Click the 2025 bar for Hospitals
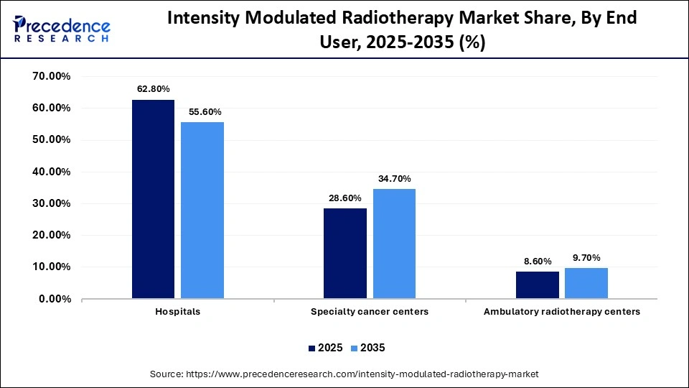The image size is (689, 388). (153, 199)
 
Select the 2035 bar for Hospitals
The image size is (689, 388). (202, 211)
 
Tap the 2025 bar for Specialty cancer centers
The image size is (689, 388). (345, 253)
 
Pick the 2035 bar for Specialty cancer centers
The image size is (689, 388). (394, 244)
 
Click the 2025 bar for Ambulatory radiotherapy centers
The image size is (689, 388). (537, 285)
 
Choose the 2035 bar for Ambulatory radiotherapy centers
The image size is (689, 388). (586, 283)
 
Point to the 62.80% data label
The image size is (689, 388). (154, 89)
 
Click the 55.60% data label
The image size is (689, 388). (205, 112)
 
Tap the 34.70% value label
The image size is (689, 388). (395, 178)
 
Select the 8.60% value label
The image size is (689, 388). (538, 262)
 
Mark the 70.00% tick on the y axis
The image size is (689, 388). (50, 76)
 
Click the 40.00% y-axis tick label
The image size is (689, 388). (50, 172)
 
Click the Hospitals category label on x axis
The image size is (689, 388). (177, 312)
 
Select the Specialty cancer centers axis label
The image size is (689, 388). (370, 312)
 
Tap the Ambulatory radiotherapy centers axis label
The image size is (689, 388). (561, 312)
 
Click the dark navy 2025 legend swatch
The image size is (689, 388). (312, 348)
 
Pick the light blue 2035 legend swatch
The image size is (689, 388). (355, 348)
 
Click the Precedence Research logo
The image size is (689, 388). (62, 29)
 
